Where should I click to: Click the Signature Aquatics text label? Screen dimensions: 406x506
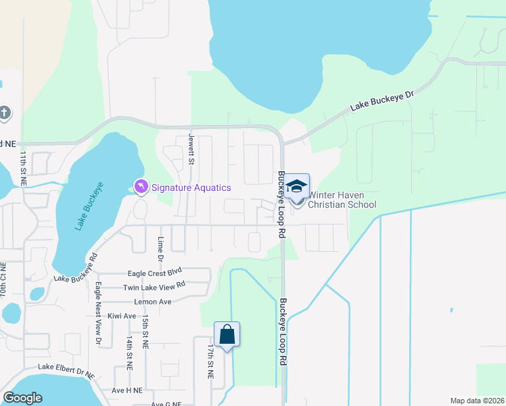tap(191, 187)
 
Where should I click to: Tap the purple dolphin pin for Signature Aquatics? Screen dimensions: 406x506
tap(141, 186)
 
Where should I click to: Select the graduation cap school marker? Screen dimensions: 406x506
tap(296, 187)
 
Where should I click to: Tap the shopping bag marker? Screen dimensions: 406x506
tap(227, 335)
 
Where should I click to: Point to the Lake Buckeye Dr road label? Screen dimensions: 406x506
tap(382, 99)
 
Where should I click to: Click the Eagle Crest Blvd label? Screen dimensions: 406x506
tap(156, 273)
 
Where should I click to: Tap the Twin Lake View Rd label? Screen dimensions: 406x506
tap(154, 287)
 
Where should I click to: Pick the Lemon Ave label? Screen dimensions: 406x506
tap(153, 302)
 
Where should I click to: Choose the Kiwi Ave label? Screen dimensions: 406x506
tap(121, 316)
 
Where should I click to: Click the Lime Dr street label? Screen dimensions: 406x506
tap(160, 249)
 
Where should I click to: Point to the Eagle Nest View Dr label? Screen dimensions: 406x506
tap(98, 313)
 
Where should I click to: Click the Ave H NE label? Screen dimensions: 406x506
tap(127, 390)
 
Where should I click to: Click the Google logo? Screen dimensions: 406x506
tap(23, 398)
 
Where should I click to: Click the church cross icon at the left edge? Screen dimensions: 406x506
tap(4, 112)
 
